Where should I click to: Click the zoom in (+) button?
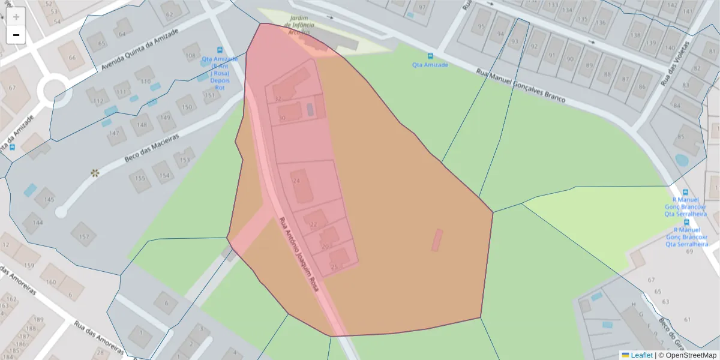(x=16, y=17)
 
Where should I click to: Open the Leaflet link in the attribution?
(x=641, y=355)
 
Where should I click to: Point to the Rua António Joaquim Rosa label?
(x=298, y=254)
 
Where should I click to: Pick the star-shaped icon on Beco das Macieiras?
(x=95, y=173)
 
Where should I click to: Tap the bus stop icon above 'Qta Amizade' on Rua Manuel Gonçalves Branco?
(x=430, y=56)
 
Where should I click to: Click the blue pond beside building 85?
(x=682, y=160)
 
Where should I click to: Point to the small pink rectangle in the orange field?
(x=437, y=239)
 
